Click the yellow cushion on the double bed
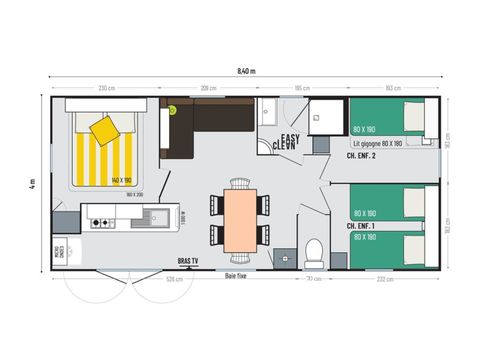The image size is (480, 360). (103, 129)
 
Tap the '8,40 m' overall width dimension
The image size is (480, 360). (246, 70)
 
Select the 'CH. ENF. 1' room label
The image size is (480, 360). (361, 226)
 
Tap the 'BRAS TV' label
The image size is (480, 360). (188, 262)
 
